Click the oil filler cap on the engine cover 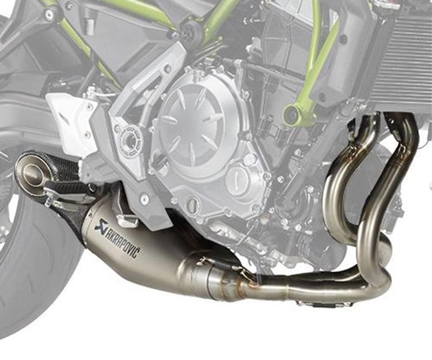point(237,179)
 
